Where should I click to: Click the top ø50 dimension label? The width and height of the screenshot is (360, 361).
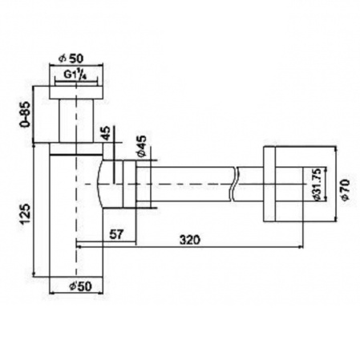point(71,58)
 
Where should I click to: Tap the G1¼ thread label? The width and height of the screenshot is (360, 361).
point(75,75)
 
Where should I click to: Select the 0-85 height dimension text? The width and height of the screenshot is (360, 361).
point(26,114)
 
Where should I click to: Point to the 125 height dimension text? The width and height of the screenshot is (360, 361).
point(26,214)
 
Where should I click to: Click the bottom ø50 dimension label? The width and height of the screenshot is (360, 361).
point(80,286)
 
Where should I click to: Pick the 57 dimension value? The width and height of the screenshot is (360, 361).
point(117,234)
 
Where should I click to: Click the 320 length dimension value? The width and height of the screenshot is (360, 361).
point(189,239)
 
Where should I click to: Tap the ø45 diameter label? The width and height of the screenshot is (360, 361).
point(142,146)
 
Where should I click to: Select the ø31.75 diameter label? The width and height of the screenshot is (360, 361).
point(317,185)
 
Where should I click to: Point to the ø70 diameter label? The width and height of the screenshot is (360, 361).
point(346,189)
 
